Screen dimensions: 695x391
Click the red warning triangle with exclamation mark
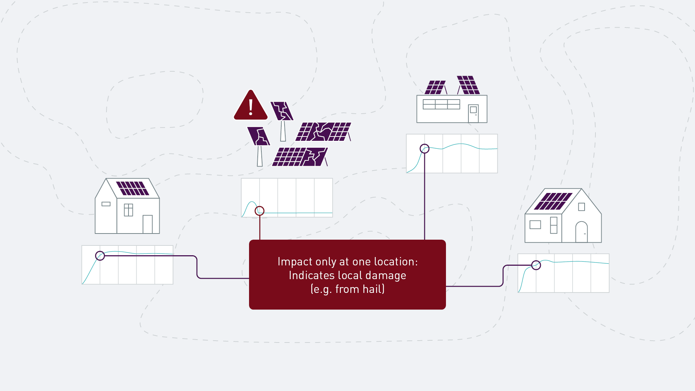click(x=250, y=105)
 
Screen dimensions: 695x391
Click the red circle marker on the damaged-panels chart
click(x=260, y=211)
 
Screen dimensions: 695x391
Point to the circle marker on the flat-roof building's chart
click(x=425, y=148)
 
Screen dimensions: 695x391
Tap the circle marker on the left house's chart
click(x=100, y=256)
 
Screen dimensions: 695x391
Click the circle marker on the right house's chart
click(x=536, y=265)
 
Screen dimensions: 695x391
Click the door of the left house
click(x=148, y=224)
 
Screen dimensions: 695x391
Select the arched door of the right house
click(x=581, y=232)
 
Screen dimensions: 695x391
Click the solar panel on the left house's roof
click(x=132, y=189)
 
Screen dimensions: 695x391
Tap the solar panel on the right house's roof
click(x=553, y=201)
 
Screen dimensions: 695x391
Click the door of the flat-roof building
click(x=473, y=114)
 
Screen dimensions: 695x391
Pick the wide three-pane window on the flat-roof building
click(x=441, y=104)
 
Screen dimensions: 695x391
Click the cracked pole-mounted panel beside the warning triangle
click(x=282, y=111)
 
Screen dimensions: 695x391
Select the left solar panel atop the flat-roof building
click(x=435, y=87)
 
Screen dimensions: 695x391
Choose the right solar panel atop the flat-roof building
click(x=468, y=85)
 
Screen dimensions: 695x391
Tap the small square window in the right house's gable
click(x=582, y=207)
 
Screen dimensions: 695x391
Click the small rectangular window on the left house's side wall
click(x=106, y=204)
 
